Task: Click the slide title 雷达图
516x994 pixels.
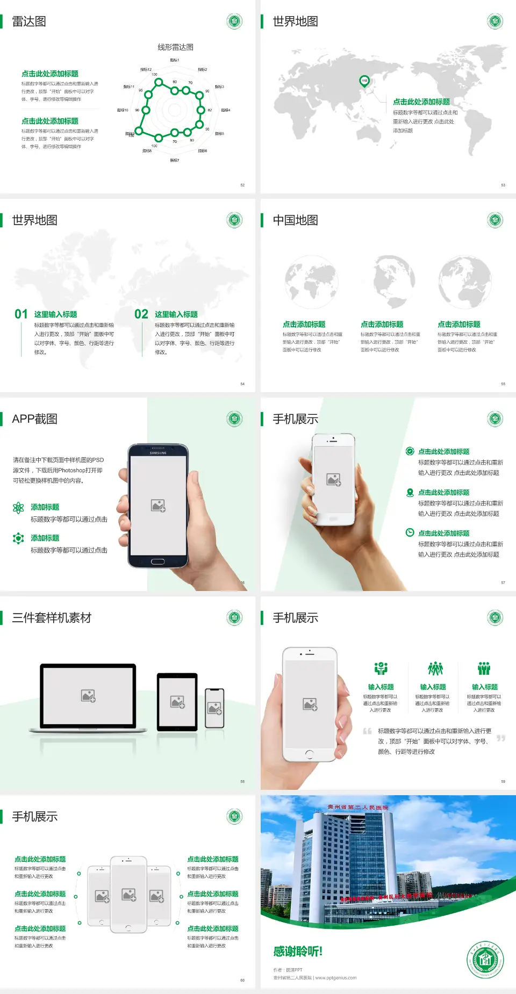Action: tap(29, 21)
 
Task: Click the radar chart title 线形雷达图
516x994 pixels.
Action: tap(175, 47)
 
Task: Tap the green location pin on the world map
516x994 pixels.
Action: tap(364, 81)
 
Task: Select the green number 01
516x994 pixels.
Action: tap(21, 314)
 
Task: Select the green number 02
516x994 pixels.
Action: tap(141, 314)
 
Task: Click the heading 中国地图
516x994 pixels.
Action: tap(295, 220)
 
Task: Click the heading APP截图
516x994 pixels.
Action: tap(34, 419)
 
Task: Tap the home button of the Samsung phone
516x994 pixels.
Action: tap(157, 561)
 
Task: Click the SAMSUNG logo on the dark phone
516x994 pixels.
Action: tap(158, 453)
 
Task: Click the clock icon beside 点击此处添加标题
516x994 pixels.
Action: tap(410, 532)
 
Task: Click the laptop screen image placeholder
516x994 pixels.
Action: tap(88, 696)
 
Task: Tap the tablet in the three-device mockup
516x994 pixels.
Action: tap(177, 701)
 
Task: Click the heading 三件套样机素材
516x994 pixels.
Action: tap(52, 618)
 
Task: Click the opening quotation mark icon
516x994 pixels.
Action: tap(367, 731)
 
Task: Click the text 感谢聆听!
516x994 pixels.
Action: tap(298, 952)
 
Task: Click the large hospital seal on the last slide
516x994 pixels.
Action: tap(485, 960)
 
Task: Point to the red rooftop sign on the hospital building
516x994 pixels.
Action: tap(358, 807)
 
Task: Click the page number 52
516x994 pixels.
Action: tap(242, 185)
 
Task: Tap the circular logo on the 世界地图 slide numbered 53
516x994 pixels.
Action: tap(495, 21)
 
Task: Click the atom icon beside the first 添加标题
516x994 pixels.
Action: tap(18, 508)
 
